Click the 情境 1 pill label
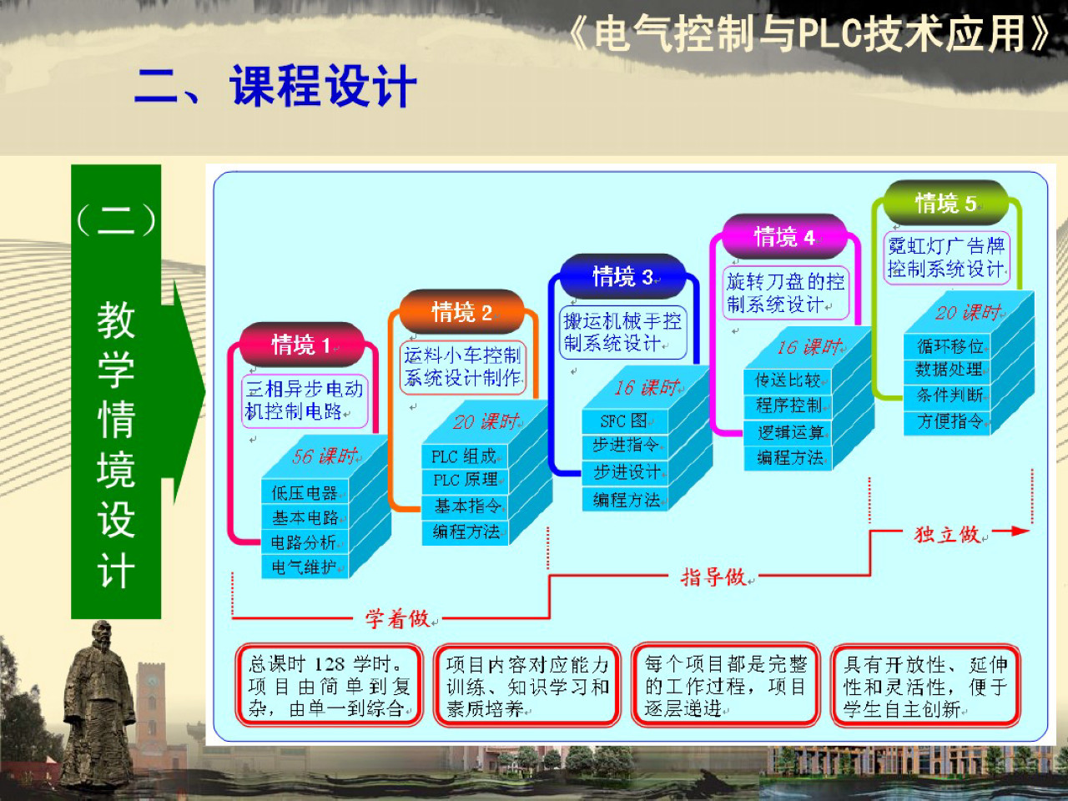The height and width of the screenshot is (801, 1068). (301, 345)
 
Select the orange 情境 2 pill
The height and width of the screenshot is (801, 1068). (461, 313)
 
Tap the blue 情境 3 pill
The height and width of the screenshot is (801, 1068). (622, 276)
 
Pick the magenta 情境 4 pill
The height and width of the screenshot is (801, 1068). (784, 237)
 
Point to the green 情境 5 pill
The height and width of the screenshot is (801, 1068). (945, 203)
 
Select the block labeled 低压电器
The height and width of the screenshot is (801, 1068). (305, 493)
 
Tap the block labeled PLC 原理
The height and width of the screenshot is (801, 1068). (466, 481)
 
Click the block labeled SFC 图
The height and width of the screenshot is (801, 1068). (624, 421)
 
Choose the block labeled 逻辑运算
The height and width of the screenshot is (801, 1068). (789, 432)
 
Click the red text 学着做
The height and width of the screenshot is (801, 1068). (397, 618)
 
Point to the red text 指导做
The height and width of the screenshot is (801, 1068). (713, 577)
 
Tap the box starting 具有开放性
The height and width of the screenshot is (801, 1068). (925, 686)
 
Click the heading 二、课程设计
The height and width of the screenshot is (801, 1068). (275, 87)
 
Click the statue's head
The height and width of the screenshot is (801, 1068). (100, 637)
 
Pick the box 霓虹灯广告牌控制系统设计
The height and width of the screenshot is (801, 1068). (946, 258)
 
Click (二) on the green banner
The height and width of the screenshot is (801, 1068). (116, 220)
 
